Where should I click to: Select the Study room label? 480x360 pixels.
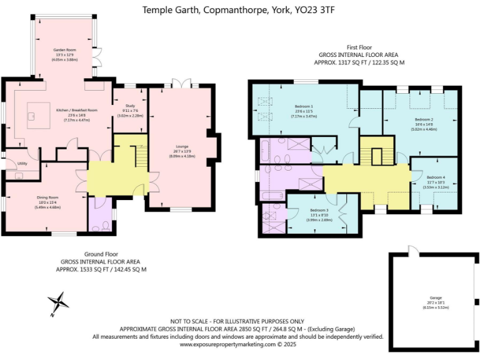(x=131, y=106)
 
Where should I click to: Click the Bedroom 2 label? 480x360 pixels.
(x=424, y=119)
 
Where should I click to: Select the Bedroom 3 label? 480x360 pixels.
(x=318, y=210)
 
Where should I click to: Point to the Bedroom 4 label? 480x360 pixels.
(x=435, y=177)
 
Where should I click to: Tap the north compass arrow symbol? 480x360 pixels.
(x=59, y=302)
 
